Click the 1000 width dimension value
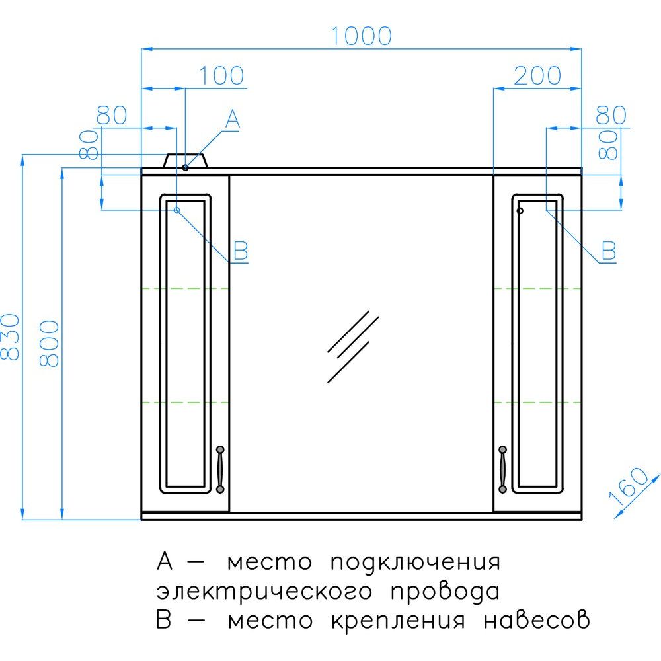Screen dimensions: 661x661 point(362,36)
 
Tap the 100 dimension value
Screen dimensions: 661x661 point(221,76)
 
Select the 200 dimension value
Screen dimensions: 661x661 point(537,76)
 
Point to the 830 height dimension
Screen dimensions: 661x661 point(10,336)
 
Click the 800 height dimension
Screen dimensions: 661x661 point(50,343)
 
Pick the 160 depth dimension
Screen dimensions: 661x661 point(628,486)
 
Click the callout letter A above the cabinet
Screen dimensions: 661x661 point(233,119)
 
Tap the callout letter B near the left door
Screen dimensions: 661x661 point(241,251)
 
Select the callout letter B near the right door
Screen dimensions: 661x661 point(609,251)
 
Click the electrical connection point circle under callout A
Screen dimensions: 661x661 point(186,167)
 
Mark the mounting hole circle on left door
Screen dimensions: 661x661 point(177,210)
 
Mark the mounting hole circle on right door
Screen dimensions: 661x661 point(520,210)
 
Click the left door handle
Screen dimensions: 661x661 point(219,469)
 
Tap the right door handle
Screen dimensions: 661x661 point(502,469)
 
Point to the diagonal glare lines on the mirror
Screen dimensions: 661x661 point(353,346)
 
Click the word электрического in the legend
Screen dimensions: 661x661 point(264,592)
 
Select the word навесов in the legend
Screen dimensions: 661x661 point(537,620)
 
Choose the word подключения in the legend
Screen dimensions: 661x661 point(415,563)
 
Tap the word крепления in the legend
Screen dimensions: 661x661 point(398,621)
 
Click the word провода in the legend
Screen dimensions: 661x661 point(445,592)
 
